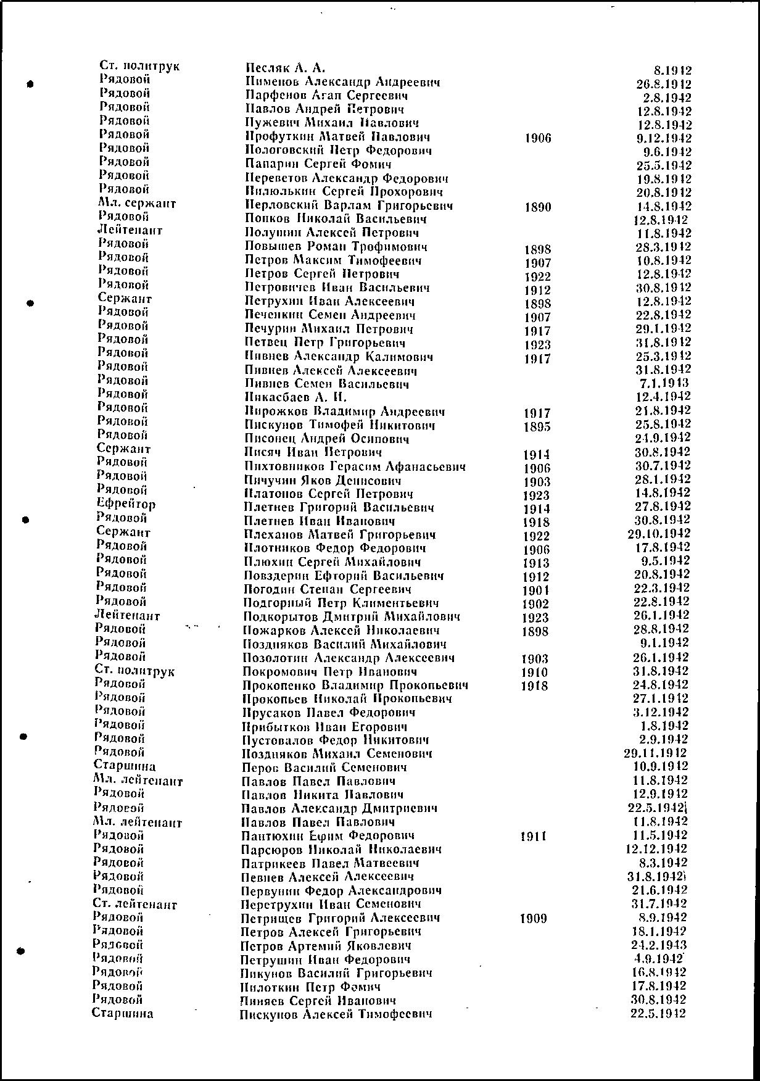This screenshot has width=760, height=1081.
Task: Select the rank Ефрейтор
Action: pos(126,504)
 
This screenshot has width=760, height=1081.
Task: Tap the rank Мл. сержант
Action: pos(136,203)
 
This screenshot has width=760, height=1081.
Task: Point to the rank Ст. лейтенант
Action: pos(134,905)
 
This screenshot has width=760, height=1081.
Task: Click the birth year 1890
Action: pos(537,207)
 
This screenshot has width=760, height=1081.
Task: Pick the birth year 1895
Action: pos(537,427)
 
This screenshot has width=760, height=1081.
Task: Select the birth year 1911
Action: pos(534,837)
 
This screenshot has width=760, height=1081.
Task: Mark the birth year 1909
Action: pos(534,919)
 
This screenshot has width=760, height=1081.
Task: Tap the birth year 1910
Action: pos(535,673)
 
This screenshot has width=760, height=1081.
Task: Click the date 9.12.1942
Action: pos(663,138)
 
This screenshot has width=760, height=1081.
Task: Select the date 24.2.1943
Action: pos(660,945)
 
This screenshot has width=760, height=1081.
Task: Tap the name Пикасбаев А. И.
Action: pos(295,398)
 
